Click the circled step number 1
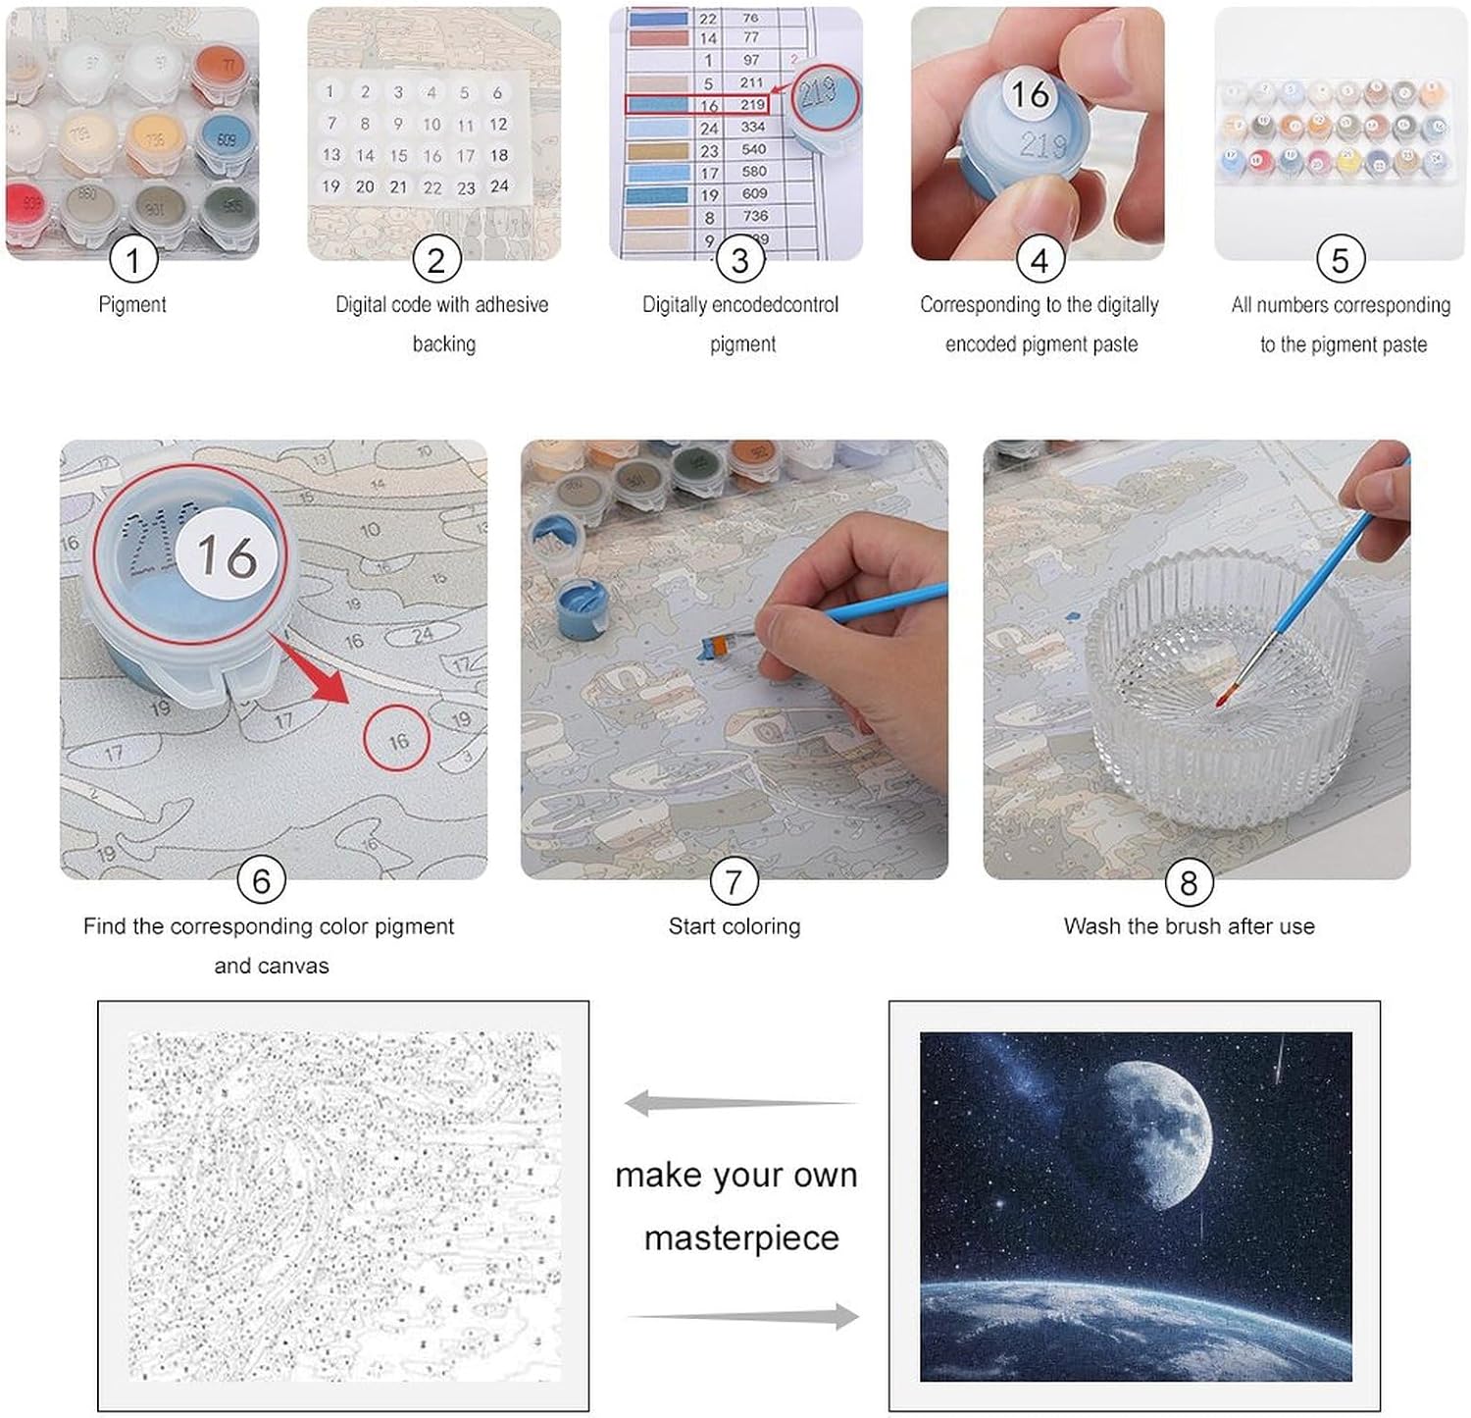pos(132,260)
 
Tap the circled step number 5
pos(1340,260)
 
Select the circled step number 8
pos(1188,882)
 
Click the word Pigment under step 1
pos(132,304)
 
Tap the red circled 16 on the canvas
pos(396,741)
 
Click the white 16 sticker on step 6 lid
pos(227,556)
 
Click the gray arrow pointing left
pos(735,1103)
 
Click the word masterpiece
pos(741,1238)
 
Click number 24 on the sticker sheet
pos(499,185)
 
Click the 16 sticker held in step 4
pos(1030,94)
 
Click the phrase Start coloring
pos(734,926)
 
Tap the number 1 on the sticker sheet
pos(330,91)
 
